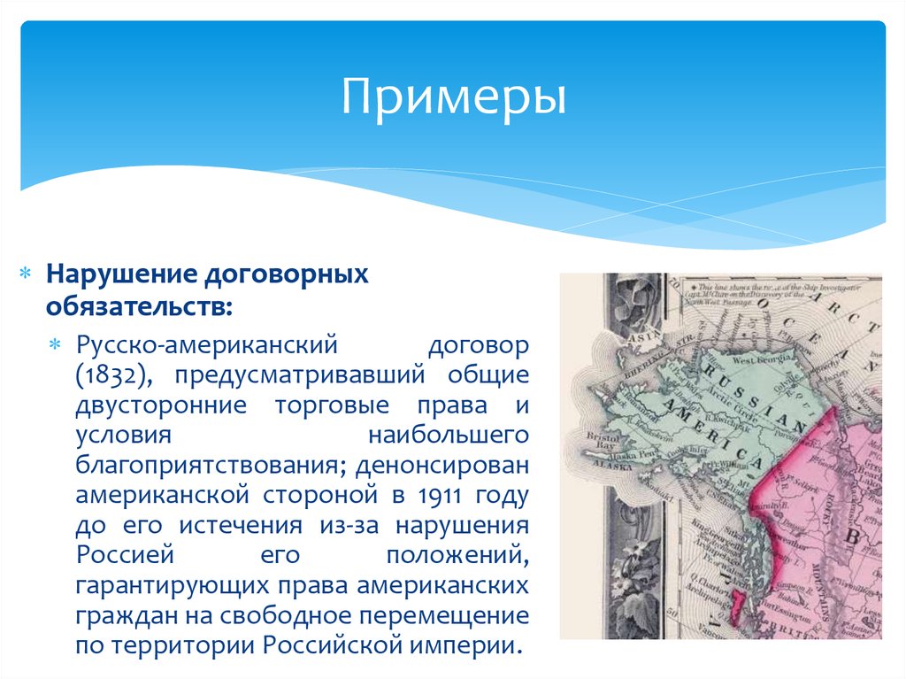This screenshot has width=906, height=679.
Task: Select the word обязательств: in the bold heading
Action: click(141, 306)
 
